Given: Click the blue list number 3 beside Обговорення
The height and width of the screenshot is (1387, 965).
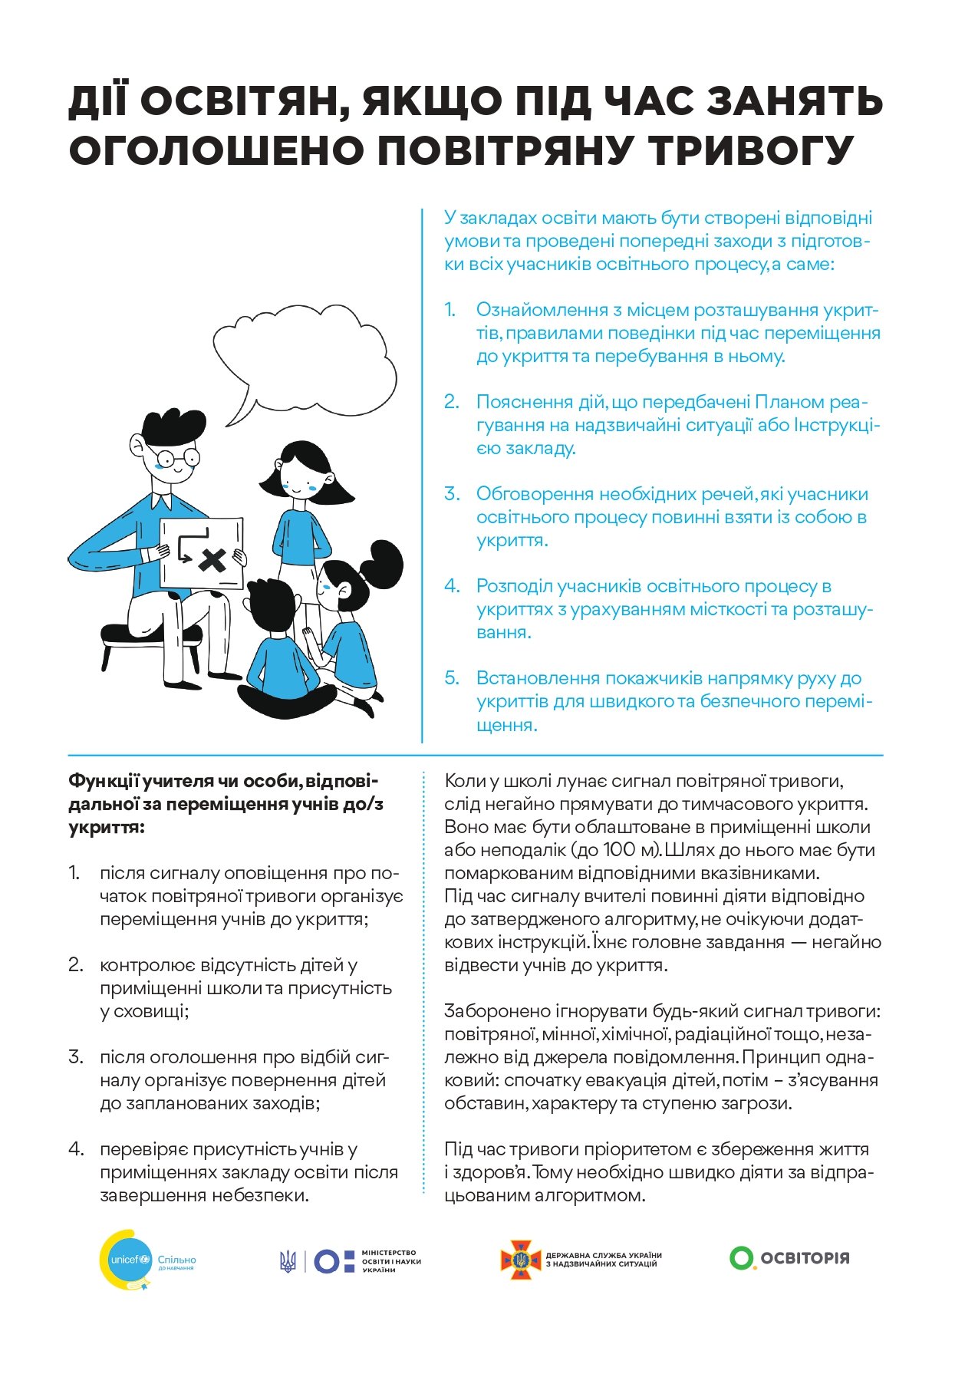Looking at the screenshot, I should tap(452, 494).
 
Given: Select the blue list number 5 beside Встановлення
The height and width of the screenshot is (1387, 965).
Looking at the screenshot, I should tap(452, 678).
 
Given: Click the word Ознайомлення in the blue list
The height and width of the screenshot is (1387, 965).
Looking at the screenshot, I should tap(542, 310).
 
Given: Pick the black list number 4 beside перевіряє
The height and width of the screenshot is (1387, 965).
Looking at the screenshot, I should tap(75, 1149).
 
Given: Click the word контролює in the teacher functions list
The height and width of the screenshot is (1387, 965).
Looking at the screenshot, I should tap(144, 965).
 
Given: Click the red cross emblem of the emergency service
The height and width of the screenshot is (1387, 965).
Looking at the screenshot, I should tap(521, 1260).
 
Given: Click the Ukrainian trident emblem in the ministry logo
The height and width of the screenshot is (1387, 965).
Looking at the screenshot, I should tap(288, 1260).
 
